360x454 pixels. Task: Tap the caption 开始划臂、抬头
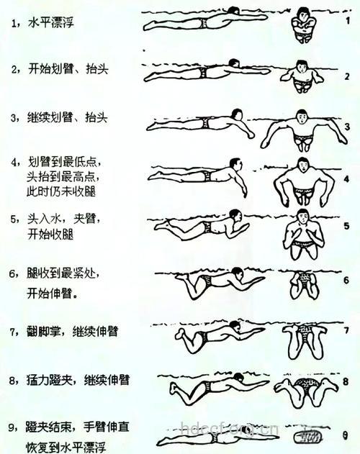71,69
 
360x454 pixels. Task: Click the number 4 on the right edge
346,178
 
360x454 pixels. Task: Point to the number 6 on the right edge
346,280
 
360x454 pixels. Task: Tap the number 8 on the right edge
346,382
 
